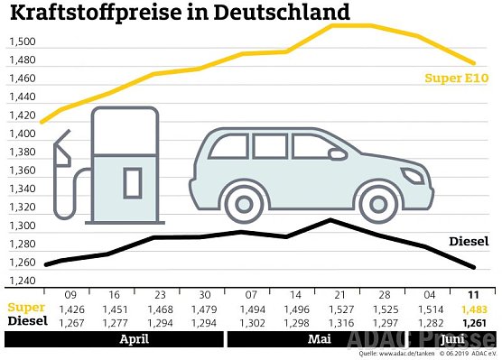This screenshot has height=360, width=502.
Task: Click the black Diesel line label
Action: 469,242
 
